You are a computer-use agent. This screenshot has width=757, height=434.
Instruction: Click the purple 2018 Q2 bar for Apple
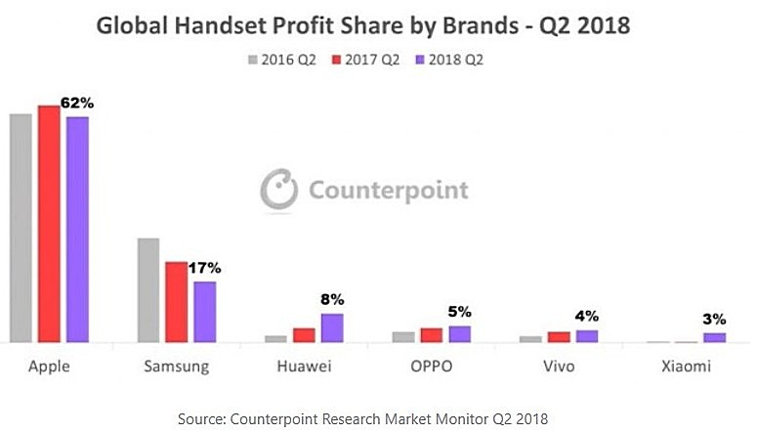[x=77, y=230]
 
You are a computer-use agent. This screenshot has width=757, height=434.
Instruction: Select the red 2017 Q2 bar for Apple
[x=49, y=224]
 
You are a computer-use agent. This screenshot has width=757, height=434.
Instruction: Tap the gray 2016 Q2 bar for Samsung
[x=148, y=290]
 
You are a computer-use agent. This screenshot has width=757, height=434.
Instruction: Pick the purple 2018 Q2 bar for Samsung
[x=204, y=312]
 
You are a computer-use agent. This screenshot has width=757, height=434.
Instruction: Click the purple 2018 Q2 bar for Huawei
[x=332, y=328]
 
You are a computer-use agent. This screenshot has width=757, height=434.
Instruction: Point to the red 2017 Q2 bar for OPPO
[x=431, y=335]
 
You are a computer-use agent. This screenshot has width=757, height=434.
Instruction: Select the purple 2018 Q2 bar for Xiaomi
[x=715, y=337]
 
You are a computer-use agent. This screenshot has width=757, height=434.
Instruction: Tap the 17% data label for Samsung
[x=205, y=267]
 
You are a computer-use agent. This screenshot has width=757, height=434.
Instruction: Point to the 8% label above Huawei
[x=332, y=299]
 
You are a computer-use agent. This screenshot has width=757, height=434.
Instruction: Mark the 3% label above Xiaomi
[x=715, y=319]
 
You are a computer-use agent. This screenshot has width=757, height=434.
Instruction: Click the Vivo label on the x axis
[x=560, y=368]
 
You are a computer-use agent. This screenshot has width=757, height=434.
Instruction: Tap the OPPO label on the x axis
[x=431, y=368]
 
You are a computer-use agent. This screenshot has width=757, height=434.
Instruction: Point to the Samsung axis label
[x=177, y=368]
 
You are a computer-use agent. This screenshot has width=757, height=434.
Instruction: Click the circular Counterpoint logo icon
[x=278, y=189]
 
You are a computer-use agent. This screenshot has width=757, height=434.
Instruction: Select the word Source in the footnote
[x=200, y=418]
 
